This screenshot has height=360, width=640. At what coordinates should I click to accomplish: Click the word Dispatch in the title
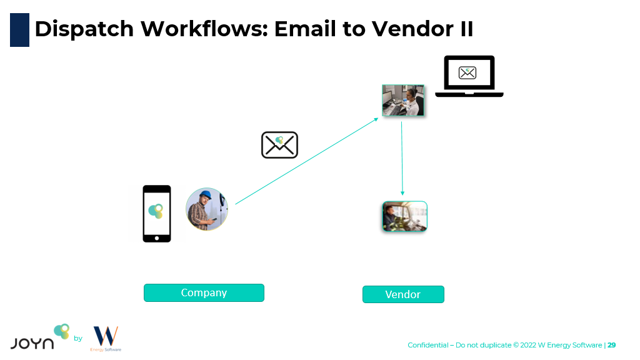coord(84,29)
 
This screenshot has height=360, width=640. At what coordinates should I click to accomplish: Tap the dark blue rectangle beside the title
coord(19,30)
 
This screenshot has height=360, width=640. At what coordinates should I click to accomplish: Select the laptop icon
coord(469,76)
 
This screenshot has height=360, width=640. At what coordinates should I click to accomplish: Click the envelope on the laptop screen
coord(467,72)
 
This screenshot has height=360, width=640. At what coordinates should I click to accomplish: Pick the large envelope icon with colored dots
coord(279,145)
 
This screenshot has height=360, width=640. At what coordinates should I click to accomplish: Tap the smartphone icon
coord(156,213)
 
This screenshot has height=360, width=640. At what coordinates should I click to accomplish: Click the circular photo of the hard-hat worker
coord(207,209)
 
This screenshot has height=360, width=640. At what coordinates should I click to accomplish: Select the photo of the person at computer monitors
coord(403,101)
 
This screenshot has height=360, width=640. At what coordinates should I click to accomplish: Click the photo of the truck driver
coord(404,216)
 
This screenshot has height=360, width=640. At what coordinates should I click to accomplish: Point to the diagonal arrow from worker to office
coord(306,161)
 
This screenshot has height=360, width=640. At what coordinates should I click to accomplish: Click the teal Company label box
coord(204,292)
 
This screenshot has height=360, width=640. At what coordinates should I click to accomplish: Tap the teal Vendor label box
coord(403,294)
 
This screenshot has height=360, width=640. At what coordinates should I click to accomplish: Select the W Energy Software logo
coord(106,338)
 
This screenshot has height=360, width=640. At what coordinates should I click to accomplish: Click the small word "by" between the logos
coord(78,339)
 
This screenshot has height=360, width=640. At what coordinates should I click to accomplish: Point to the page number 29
coord(612,345)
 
